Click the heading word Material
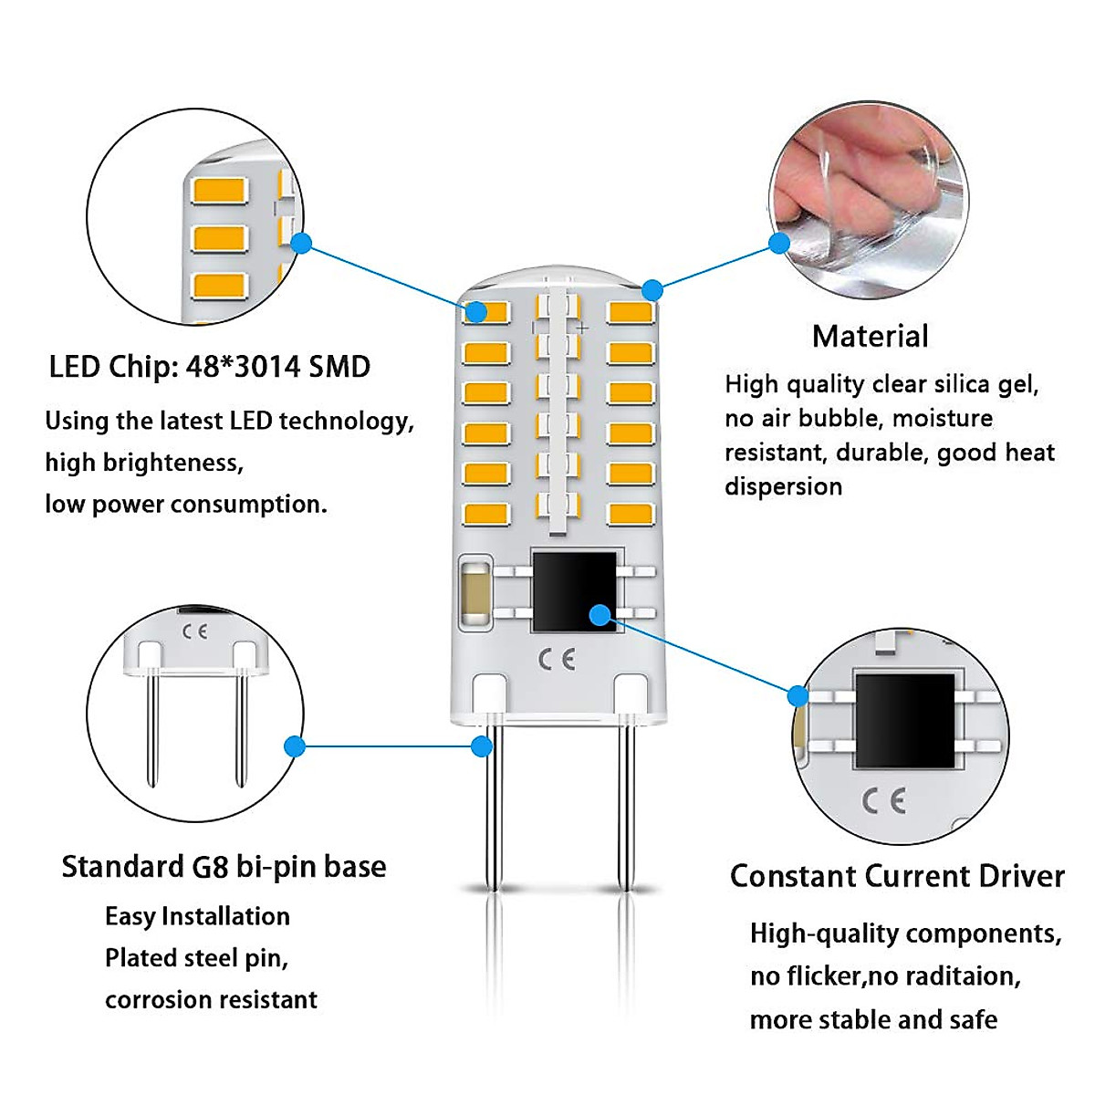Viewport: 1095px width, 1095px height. [870, 337]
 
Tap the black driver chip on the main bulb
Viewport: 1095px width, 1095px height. [573, 590]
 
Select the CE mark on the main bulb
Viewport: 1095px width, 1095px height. [556, 660]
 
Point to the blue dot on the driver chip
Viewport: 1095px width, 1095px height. [600, 615]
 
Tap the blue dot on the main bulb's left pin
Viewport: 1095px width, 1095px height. [482, 746]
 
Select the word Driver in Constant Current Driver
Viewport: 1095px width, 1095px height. [1021, 877]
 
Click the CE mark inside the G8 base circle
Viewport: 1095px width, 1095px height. [194, 631]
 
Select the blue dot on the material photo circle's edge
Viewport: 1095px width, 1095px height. [778, 243]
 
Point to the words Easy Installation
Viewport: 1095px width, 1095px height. [197, 916]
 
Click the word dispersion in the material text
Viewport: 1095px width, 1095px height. [783, 486]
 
